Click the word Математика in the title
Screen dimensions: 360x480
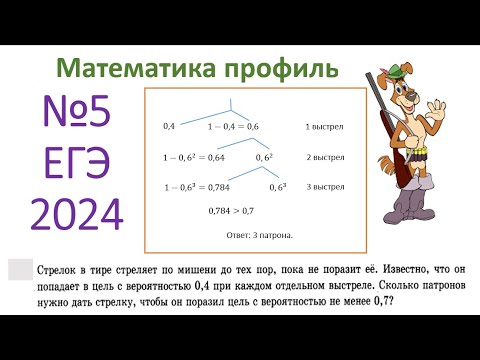(129, 69)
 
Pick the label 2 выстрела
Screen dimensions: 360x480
(325, 158)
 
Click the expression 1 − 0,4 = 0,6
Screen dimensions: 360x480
(233, 128)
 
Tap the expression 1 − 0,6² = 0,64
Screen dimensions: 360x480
(194, 158)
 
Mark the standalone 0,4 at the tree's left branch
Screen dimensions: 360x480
(169, 128)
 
